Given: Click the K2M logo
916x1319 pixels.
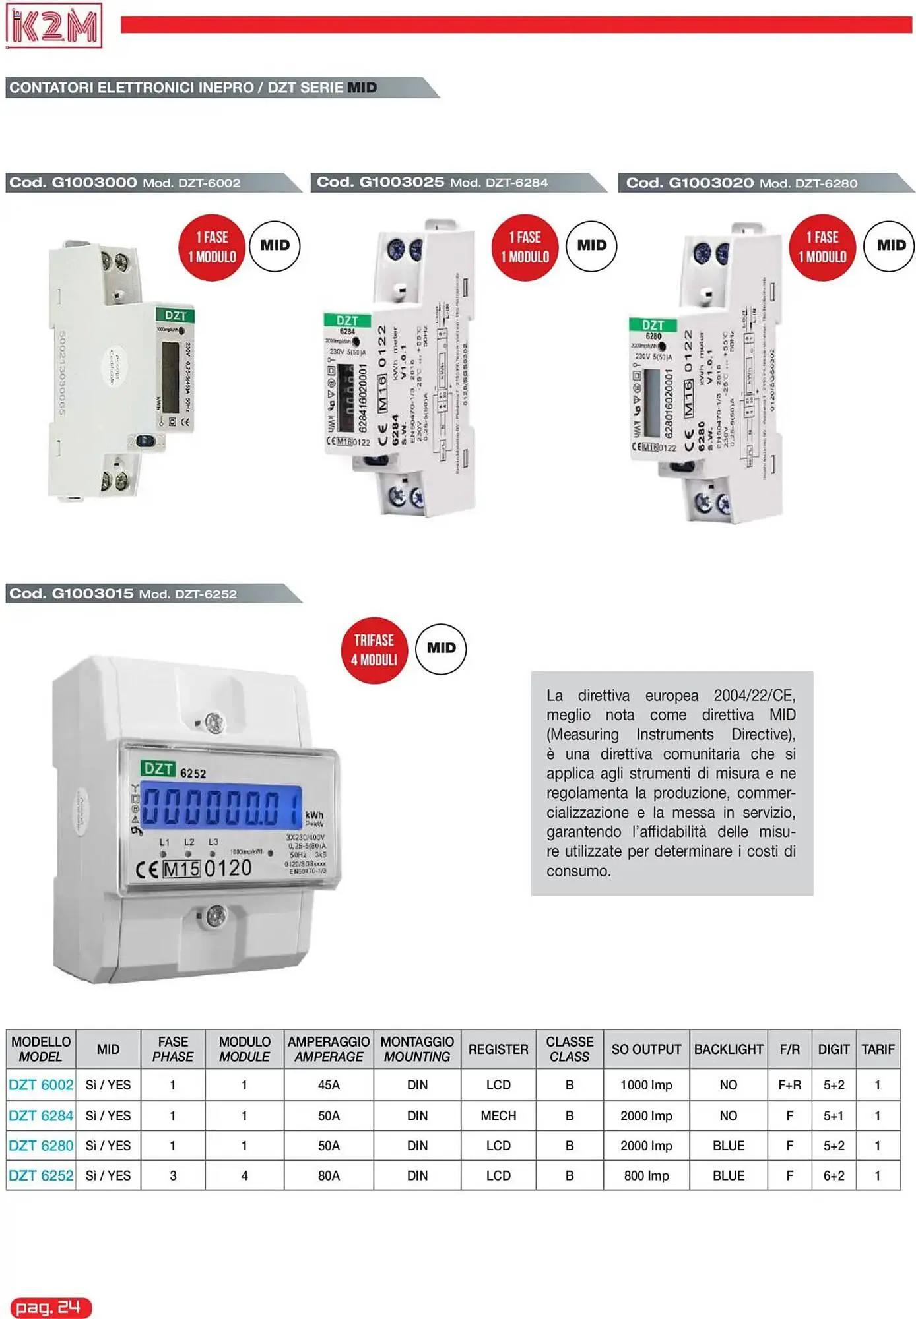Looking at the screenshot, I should click(53, 26).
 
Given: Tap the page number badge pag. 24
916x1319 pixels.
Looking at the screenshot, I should click(50, 1307).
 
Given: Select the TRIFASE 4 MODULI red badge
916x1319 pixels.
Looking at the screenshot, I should click(374, 650).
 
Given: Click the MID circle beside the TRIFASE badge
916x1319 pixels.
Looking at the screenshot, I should click(441, 648).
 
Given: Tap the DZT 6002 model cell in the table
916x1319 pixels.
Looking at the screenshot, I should click(41, 1085).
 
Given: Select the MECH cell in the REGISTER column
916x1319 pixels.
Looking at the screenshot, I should click(498, 1116).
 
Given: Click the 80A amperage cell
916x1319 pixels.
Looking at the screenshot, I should click(329, 1175).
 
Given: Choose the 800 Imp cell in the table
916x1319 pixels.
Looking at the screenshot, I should click(646, 1175).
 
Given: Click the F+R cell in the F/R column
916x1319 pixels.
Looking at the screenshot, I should click(789, 1085).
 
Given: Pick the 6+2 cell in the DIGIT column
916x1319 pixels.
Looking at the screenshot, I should click(834, 1175).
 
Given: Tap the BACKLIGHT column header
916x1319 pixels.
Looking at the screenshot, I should click(728, 1049).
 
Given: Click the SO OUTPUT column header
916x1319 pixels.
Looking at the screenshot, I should click(646, 1049).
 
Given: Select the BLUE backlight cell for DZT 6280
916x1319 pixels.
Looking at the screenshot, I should click(728, 1146).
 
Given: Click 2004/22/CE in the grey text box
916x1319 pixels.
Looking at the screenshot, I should click(754, 696).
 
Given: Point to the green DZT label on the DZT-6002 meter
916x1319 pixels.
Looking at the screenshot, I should click(175, 315).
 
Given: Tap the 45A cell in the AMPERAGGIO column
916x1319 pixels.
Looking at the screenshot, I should click(329, 1085).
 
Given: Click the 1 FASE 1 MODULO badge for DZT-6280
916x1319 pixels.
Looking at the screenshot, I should click(822, 247).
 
